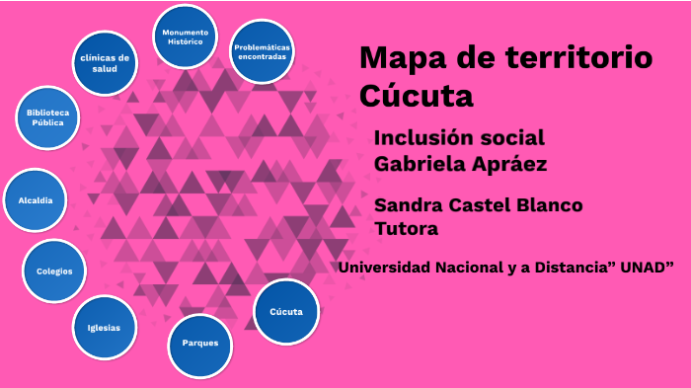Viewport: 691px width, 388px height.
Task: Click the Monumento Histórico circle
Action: tap(185, 38)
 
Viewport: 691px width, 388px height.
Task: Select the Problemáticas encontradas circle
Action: tap(262, 51)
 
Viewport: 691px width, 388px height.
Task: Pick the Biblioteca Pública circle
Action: tap(47, 118)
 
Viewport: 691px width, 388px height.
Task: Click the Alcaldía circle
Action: tap(36, 200)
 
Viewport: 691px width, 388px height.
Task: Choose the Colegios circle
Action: tap(54, 271)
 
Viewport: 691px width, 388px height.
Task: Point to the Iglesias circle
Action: tap(104, 328)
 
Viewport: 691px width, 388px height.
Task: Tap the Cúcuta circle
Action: tap(286, 312)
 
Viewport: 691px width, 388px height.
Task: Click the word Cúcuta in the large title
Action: tap(417, 97)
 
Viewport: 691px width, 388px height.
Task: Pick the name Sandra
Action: tap(412, 205)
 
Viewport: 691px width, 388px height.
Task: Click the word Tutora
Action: tap(406, 229)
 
